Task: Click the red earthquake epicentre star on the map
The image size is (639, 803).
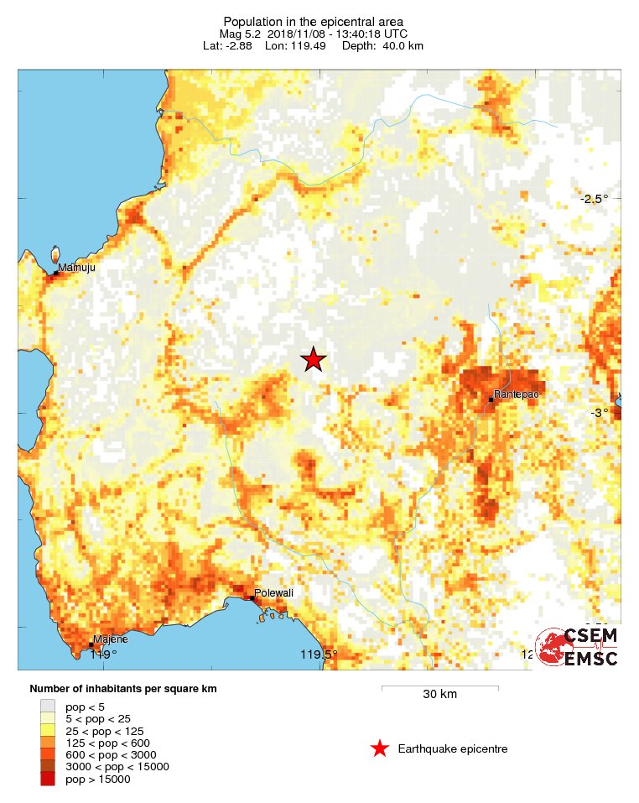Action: (313, 360)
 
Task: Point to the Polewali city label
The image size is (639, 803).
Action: (275, 592)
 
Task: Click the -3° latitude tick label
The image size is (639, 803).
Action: (599, 413)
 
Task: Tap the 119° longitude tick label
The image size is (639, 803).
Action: (103, 654)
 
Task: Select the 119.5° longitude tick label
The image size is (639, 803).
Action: (319, 654)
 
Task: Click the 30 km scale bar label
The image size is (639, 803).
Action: (439, 694)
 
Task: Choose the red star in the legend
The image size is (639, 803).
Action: (380, 748)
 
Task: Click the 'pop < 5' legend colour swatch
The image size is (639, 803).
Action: (49, 707)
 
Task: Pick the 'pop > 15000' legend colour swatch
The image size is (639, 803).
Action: (49, 779)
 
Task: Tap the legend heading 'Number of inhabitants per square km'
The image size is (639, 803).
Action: (123, 689)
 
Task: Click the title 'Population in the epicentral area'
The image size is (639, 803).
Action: (313, 21)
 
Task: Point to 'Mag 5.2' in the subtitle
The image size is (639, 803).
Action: (241, 34)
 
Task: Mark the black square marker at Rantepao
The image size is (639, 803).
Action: (491, 399)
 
